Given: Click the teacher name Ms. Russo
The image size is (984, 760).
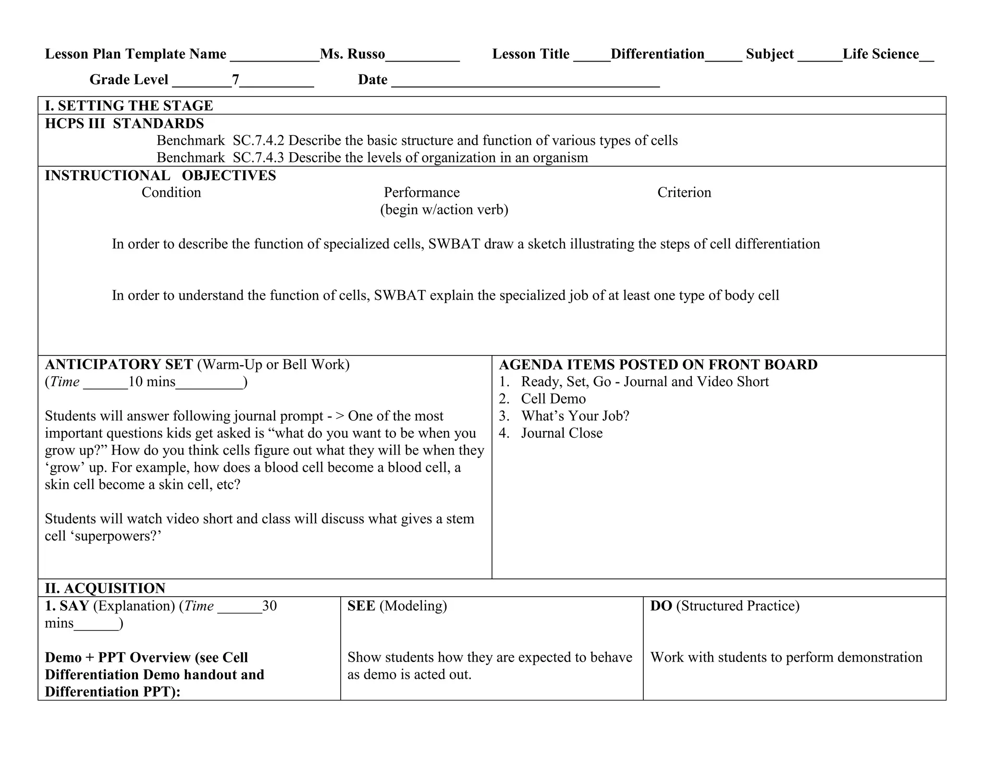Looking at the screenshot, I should click(x=352, y=54).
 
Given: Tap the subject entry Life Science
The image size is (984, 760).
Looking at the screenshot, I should click(x=880, y=54).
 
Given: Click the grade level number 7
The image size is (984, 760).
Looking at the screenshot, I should click(x=235, y=79).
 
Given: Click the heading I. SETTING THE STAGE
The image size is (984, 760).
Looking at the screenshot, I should click(x=129, y=106).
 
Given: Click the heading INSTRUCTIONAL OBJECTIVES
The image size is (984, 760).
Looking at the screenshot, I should click(x=160, y=175).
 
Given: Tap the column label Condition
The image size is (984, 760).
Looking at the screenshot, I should click(x=171, y=192).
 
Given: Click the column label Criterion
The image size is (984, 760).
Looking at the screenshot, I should click(x=684, y=192).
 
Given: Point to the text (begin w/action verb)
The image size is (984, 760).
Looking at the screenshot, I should click(x=444, y=209).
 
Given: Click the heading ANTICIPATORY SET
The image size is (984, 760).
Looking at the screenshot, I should click(x=119, y=364).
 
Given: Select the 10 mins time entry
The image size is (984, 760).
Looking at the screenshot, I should click(x=152, y=381).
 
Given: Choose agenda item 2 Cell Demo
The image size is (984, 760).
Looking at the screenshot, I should click(x=553, y=399).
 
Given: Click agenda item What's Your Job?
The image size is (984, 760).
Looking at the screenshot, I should click(x=575, y=416).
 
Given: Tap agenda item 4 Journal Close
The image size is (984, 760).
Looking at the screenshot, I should click(x=561, y=433).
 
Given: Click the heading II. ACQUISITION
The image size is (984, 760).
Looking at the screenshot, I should click(x=105, y=588).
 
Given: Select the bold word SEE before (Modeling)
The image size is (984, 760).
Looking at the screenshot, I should click(x=361, y=606).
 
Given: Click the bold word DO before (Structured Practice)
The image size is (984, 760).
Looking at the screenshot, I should click(x=661, y=606).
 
